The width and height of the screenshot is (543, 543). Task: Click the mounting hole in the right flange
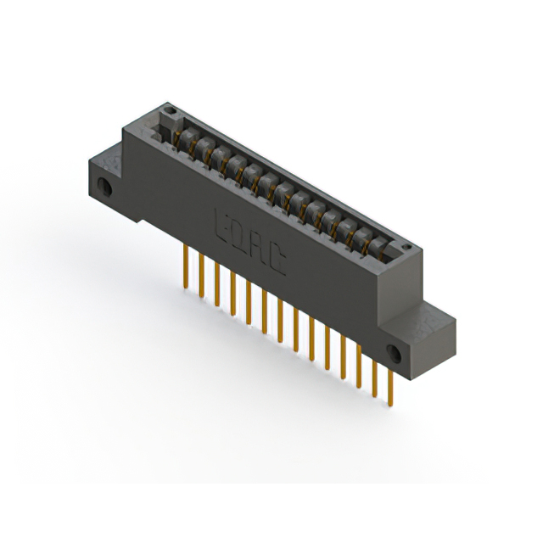point(393,353)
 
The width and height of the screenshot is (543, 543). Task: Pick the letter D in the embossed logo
point(238,232)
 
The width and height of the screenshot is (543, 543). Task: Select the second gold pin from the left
point(201,276)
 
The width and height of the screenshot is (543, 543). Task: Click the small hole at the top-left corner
point(169,110)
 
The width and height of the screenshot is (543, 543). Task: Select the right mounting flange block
point(416,339)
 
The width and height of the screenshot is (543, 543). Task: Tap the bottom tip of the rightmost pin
point(391,405)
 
